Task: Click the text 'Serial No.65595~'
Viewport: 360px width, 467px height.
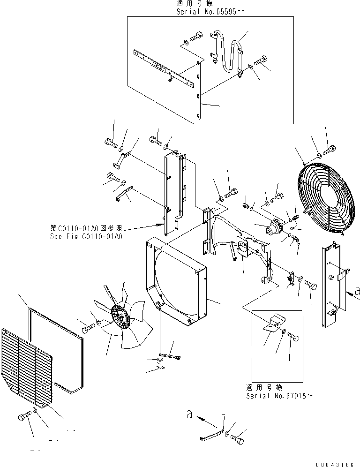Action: tap(210, 12)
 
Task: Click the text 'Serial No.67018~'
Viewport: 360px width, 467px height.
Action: tap(279, 396)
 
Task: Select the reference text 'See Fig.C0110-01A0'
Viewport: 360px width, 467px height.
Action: tap(86, 237)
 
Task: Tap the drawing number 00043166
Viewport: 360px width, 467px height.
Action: tap(335, 464)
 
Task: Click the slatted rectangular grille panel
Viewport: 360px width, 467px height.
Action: tap(27, 367)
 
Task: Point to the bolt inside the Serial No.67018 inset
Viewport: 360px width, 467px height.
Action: tap(293, 337)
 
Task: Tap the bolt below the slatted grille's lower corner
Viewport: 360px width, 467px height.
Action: tap(24, 416)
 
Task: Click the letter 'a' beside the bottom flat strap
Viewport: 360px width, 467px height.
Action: tap(189, 414)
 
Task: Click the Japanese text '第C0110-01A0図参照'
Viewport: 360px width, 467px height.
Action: tap(86, 228)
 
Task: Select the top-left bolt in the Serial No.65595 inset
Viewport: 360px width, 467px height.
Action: tap(195, 36)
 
